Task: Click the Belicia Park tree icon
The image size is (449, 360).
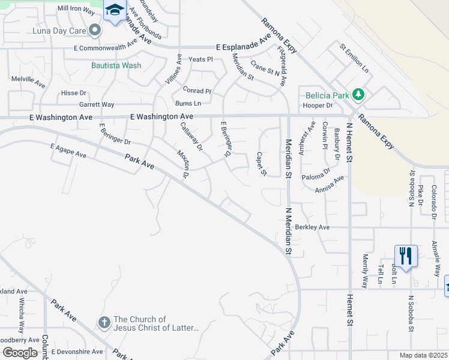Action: (x=358, y=94)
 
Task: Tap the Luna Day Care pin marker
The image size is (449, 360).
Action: (x=95, y=29)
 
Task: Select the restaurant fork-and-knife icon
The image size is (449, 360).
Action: (x=406, y=255)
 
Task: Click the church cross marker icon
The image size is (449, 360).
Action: (x=103, y=323)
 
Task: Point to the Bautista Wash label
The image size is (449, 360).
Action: (x=116, y=65)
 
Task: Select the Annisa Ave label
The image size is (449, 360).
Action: (x=330, y=183)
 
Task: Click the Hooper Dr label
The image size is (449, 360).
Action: (x=318, y=106)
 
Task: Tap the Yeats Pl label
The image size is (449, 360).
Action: (x=201, y=59)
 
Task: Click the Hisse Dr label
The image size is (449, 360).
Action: (x=74, y=93)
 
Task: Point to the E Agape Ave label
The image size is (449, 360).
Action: (x=68, y=151)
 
